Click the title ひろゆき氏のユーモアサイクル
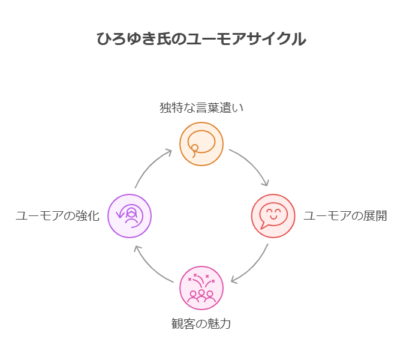tap(201, 40)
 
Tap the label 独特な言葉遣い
tap(201, 108)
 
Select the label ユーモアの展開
tap(345, 216)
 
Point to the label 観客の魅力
tap(201, 324)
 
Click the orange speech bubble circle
tap(201, 144)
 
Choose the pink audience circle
tap(201, 288)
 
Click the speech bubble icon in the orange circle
tap(201, 142)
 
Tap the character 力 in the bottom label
tap(225, 324)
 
